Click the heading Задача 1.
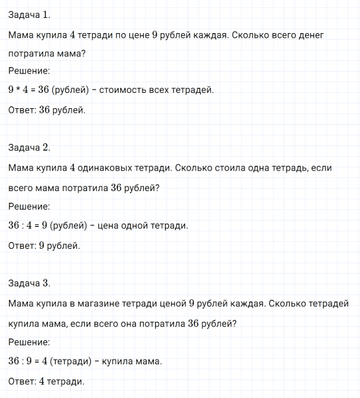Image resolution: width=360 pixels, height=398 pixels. [29, 14]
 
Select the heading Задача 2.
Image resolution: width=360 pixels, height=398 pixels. [29, 147]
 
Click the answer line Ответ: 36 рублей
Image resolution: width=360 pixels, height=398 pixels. [47, 109]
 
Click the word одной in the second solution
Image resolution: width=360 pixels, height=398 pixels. [136, 226]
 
